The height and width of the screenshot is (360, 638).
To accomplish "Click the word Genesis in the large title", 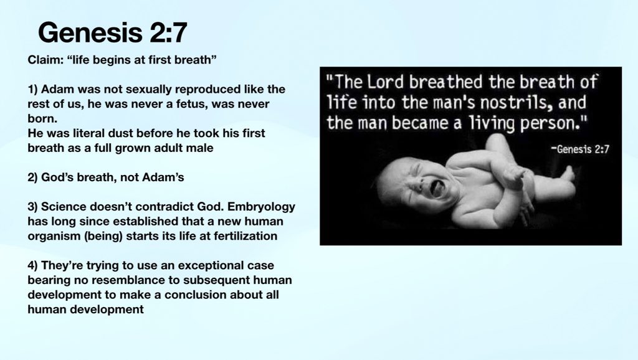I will (x=88, y=32).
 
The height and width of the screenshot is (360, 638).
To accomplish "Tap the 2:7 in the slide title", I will (x=163, y=32).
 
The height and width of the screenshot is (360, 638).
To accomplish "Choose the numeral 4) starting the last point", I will (x=34, y=266).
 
